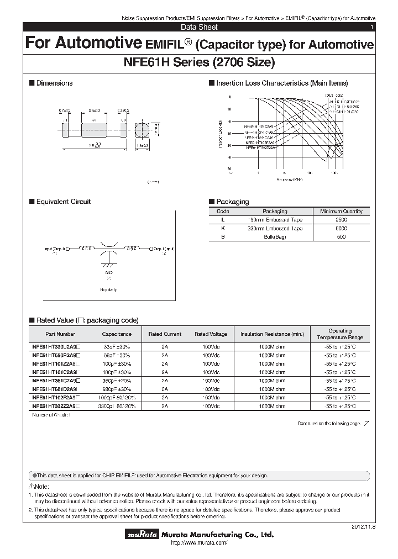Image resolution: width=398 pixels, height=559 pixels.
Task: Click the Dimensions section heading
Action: (54, 83)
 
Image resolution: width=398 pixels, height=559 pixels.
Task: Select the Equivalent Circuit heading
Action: (63, 202)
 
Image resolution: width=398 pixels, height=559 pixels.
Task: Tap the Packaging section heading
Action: (232, 202)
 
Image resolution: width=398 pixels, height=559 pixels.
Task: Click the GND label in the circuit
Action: (108, 273)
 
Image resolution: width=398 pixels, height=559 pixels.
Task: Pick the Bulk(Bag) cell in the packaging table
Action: (275, 236)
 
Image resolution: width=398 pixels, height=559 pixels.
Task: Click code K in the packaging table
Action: (223, 228)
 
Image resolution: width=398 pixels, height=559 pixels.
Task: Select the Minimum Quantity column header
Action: (341, 212)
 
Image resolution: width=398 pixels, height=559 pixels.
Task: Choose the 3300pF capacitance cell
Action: (117, 406)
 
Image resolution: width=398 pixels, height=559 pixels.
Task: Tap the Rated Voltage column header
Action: (211, 334)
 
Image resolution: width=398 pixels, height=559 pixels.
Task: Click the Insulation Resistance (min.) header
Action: (272, 334)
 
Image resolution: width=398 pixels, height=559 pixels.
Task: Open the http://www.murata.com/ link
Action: (197, 544)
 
